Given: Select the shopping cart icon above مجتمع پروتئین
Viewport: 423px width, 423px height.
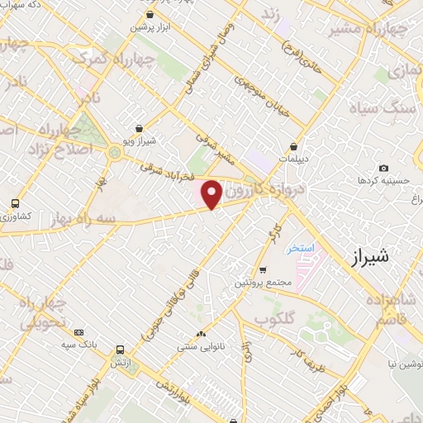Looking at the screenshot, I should tap(263, 270).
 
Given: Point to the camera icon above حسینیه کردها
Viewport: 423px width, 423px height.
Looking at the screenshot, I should tap(383, 169).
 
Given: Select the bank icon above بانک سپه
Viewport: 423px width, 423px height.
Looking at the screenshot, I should tap(79, 331).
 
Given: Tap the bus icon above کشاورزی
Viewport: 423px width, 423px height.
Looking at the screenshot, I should tap(15, 203).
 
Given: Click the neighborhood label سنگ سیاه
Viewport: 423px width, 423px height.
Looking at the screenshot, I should tap(391, 106).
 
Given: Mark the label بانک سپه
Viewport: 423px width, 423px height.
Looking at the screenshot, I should tap(79, 344).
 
